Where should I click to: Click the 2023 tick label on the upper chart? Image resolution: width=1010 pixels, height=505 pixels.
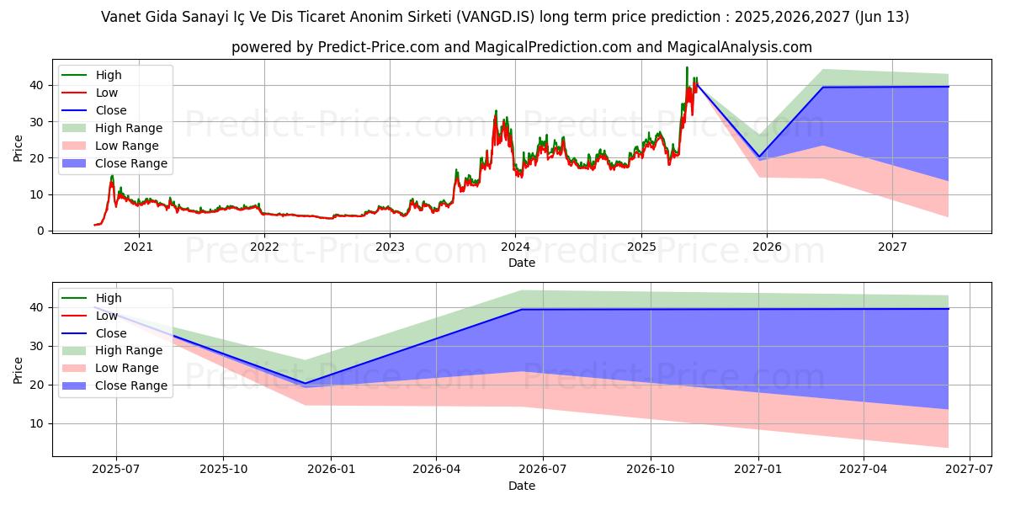click(390, 247)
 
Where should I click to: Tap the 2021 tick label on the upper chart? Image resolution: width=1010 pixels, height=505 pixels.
click(138, 247)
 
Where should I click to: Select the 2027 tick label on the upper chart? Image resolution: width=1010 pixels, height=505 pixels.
click(892, 247)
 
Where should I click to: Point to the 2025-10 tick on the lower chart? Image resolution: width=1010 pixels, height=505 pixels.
click(223, 469)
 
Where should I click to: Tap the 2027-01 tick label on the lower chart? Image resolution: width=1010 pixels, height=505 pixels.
click(758, 469)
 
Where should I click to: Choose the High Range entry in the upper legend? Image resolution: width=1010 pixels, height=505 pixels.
click(129, 128)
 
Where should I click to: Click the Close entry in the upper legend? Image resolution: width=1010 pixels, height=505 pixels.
click(111, 110)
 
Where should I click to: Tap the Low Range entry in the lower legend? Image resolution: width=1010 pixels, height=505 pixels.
click(127, 368)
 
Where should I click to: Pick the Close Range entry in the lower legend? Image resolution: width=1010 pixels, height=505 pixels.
click(131, 385)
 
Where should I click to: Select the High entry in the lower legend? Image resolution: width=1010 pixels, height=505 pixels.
click(109, 298)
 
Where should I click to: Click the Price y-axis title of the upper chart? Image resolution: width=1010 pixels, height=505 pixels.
click(18, 146)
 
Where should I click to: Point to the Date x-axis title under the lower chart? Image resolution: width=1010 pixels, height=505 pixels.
click(522, 486)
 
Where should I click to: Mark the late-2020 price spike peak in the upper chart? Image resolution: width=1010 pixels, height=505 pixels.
click(112, 176)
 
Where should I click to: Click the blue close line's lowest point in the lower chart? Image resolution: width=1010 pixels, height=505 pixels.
click(305, 383)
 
